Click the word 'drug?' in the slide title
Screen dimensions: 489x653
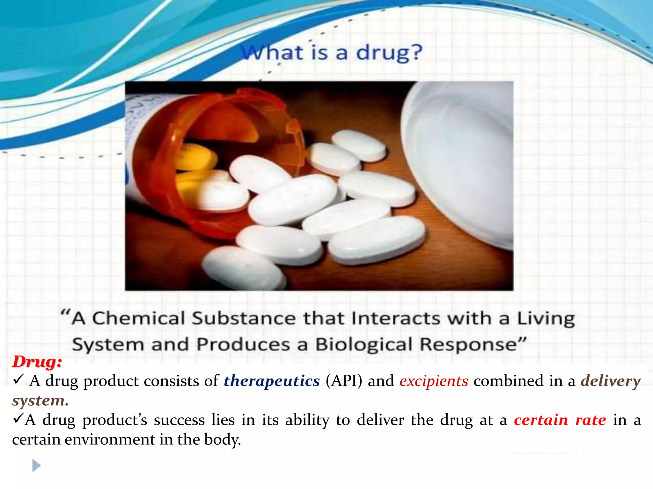tap(389, 53)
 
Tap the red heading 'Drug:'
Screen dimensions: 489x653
tap(37, 362)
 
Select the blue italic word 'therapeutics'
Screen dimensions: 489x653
tap(272, 381)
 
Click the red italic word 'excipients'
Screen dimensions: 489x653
tap(434, 381)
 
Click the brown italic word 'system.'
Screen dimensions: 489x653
tap(40, 401)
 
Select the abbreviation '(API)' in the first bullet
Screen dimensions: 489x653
tap(344, 381)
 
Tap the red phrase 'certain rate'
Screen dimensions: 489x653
tap(560, 420)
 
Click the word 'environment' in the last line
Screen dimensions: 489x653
tap(110, 440)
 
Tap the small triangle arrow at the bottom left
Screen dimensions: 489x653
tap(36, 466)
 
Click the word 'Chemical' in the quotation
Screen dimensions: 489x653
tap(138, 318)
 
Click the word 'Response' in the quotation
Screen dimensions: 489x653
tap(468, 344)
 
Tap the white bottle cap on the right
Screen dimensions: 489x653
tap(459, 159)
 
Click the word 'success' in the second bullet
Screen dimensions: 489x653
tap(179, 420)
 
